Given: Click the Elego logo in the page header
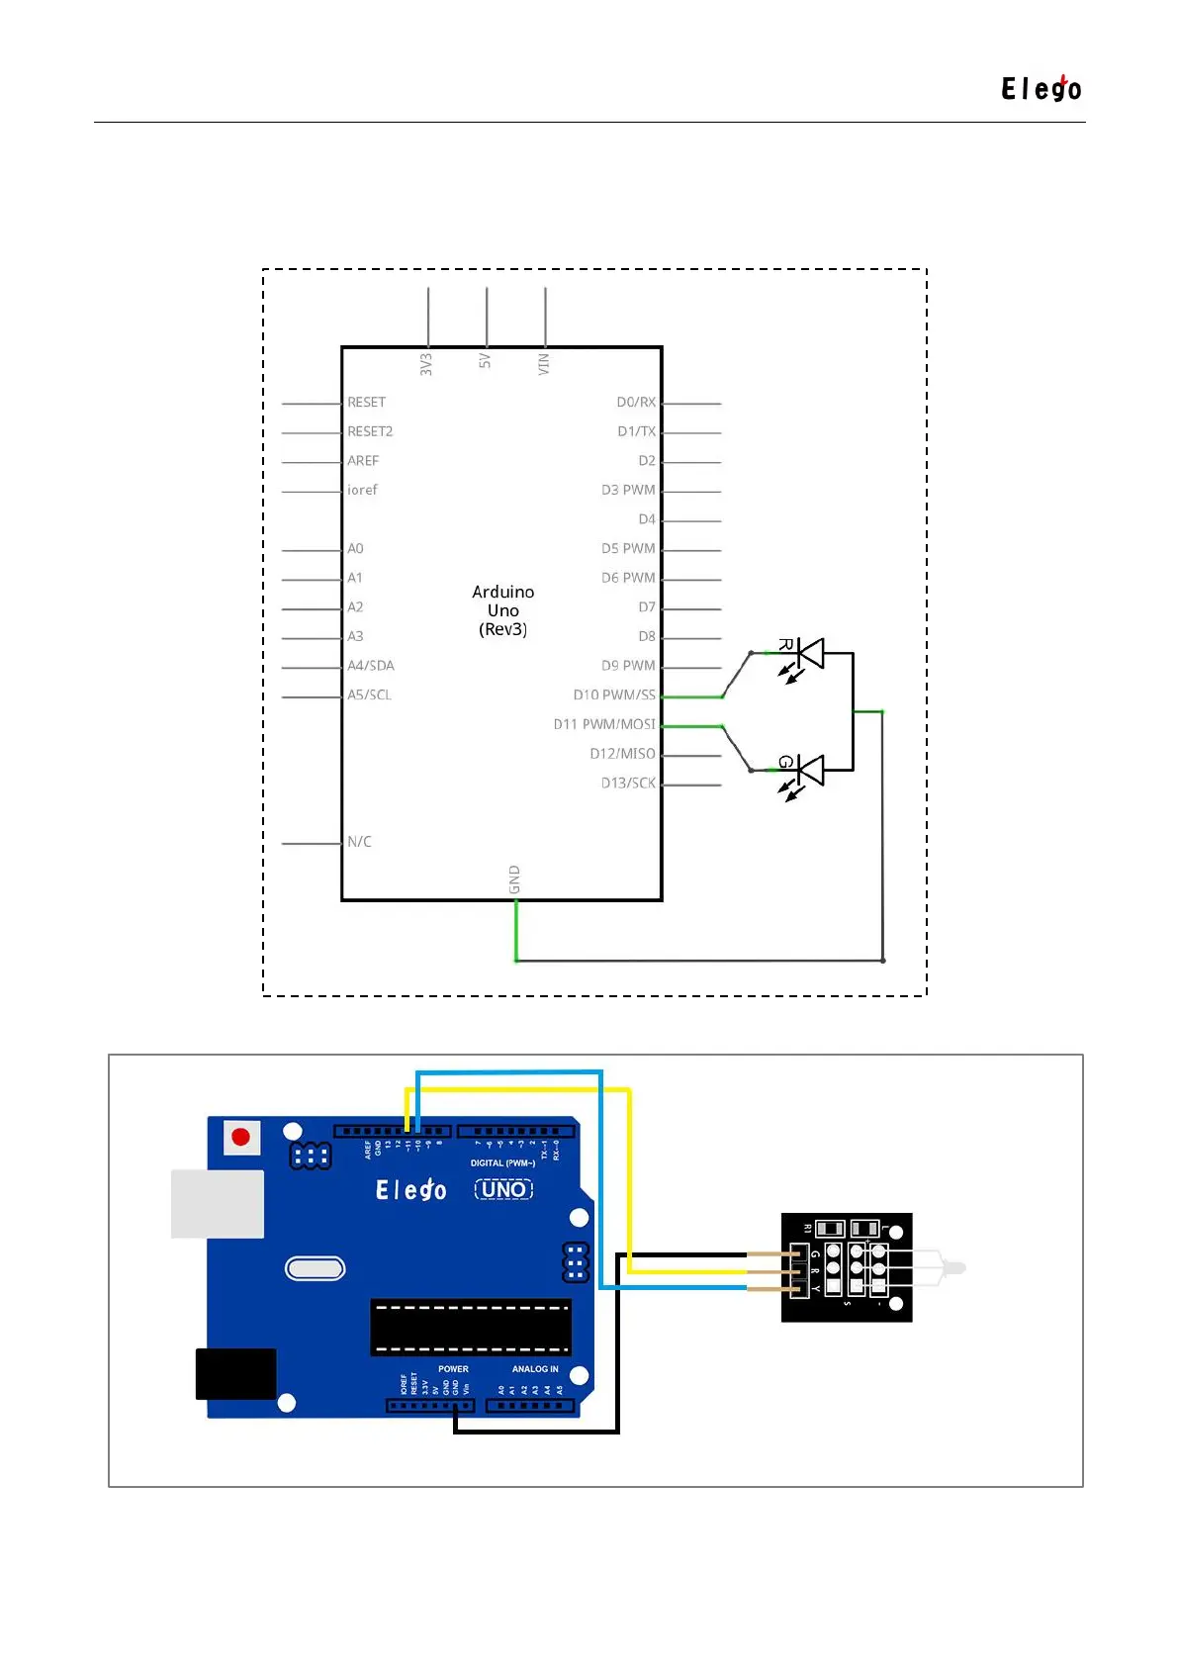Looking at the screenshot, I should pyautogui.click(x=1041, y=89).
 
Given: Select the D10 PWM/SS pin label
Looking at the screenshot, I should pyautogui.click(x=613, y=695).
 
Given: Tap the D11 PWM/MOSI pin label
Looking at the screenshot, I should pyautogui.click(x=603, y=725).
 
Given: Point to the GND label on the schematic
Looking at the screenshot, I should pyautogui.click(x=514, y=879).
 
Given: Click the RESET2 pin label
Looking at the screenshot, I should pyautogui.click(x=370, y=432).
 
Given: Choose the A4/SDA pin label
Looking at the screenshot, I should pyautogui.click(x=370, y=666).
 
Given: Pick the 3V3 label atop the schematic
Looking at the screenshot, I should pyautogui.click(x=426, y=364).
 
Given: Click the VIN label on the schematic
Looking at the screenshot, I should pyautogui.click(x=544, y=364).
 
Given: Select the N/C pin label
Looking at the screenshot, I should pyautogui.click(x=359, y=842).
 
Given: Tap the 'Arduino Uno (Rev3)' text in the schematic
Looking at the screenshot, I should pyautogui.click(x=502, y=610).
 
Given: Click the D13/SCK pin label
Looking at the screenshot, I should pyautogui.click(x=628, y=784).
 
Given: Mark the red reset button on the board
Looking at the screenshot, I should pyautogui.click(x=240, y=1137).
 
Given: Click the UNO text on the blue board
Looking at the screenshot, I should pyautogui.click(x=503, y=1189).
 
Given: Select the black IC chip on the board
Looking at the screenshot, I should pyautogui.click(x=471, y=1328).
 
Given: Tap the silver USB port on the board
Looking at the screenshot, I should pyautogui.click(x=218, y=1204).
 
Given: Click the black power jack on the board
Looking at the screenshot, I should pyautogui.click(x=235, y=1373).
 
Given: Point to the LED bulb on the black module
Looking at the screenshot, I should pyautogui.click(x=940, y=1267).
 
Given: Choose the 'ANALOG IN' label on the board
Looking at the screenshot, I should pyautogui.click(x=535, y=1369).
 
